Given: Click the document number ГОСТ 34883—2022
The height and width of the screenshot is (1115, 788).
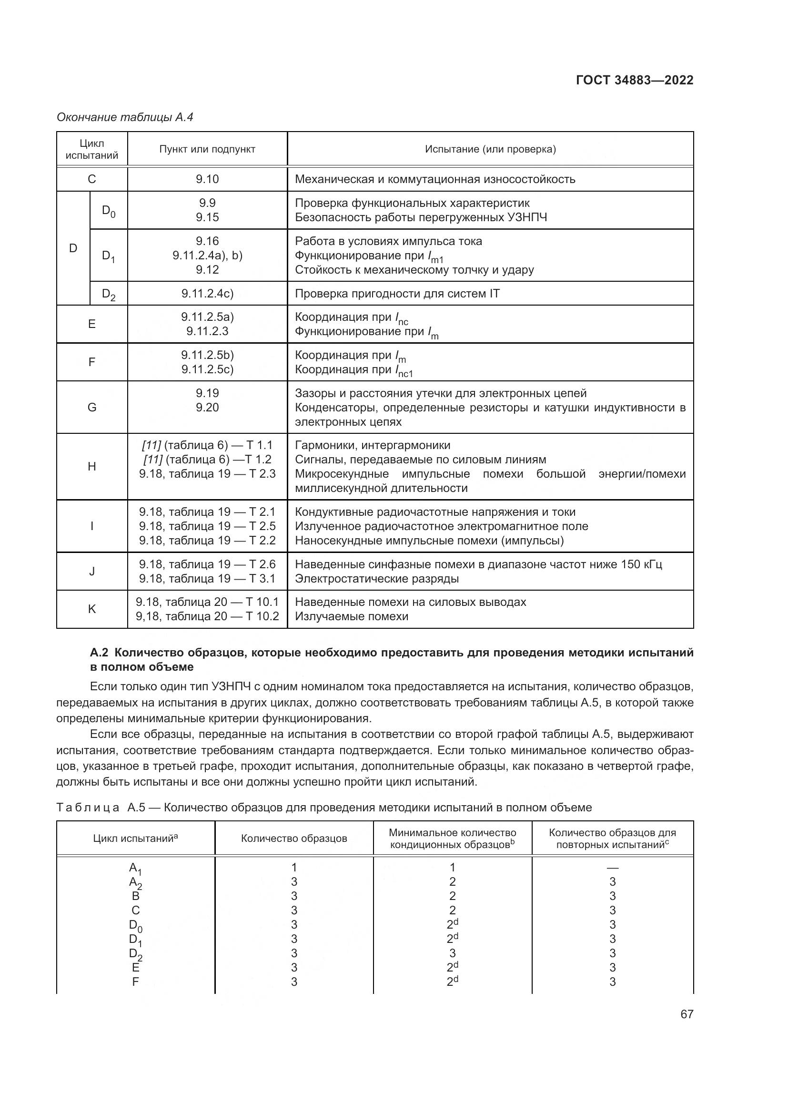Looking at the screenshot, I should [x=634, y=80].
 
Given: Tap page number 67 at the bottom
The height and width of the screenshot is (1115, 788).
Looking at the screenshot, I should [x=687, y=1014].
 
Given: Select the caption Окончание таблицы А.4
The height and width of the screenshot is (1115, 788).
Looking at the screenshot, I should [x=125, y=117].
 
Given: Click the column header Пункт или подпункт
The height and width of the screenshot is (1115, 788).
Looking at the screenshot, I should [x=207, y=150].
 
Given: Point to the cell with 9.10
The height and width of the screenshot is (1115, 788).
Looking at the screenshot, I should [x=207, y=179].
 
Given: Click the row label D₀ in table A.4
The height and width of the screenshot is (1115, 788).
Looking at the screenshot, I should [x=109, y=211].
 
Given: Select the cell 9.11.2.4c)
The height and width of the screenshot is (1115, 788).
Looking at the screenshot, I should [x=207, y=293].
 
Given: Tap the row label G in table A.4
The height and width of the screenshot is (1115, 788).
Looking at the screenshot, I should [x=91, y=408].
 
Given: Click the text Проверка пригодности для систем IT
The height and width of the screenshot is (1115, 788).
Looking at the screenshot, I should [x=397, y=293].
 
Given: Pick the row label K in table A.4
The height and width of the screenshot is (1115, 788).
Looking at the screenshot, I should [x=91, y=609].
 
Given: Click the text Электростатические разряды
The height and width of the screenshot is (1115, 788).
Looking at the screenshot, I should [x=376, y=578].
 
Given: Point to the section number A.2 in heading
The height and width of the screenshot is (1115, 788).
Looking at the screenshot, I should [x=100, y=652].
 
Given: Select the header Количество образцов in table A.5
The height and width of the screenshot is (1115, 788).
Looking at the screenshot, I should [x=294, y=838].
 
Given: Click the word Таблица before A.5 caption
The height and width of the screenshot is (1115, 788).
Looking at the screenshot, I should [x=88, y=808].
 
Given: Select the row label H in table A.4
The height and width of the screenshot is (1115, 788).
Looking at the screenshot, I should [x=91, y=467].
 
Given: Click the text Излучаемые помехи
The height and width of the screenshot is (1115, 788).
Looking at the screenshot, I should [x=351, y=616].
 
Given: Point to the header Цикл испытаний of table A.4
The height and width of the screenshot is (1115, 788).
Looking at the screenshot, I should [x=91, y=150].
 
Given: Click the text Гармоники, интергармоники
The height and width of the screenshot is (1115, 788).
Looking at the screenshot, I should [x=372, y=445].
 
